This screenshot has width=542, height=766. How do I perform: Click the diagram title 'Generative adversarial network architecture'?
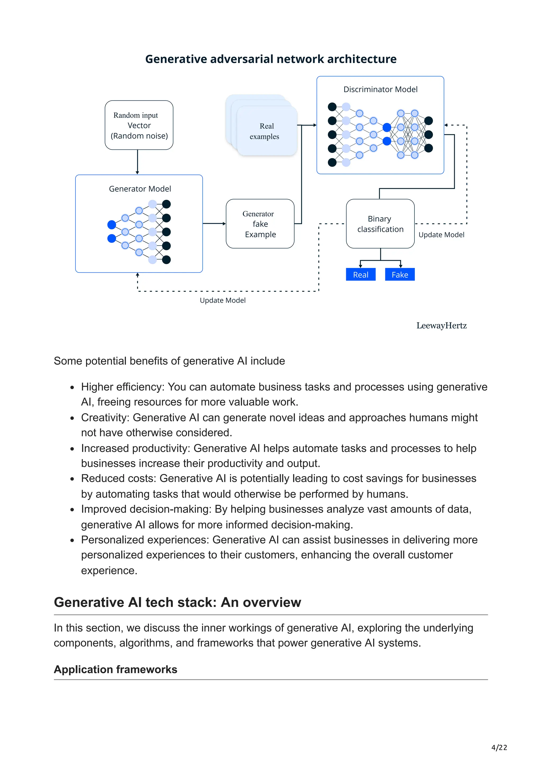pyautogui.click(x=271, y=59)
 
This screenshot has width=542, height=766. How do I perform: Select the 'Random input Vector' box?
pyautogui.click(x=139, y=125)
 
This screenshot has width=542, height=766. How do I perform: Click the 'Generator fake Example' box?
pyautogui.click(x=260, y=224)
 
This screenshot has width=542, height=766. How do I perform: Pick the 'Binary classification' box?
pyautogui.click(x=380, y=224)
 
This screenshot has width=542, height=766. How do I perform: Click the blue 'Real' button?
pyautogui.click(x=361, y=275)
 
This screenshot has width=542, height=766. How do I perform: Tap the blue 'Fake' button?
pyautogui.click(x=400, y=275)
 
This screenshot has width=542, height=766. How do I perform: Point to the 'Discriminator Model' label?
pyautogui.click(x=380, y=89)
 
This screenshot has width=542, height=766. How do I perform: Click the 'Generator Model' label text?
pyautogui.click(x=140, y=189)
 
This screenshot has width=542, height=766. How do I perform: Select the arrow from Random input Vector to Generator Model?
pyautogui.click(x=137, y=162)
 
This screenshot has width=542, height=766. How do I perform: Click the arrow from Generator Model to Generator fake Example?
pyautogui.click(x=214, y=224)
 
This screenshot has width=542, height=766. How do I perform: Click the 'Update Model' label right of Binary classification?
pyautogui.click(x=441, y=235)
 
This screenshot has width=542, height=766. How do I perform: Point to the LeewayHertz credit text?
pyautogui.click(x=441, y=326)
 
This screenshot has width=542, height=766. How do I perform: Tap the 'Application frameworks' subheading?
pyautogui.click(x=116, y=670)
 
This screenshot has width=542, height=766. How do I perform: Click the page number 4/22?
pyautogui.click(x=499, y=748)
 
